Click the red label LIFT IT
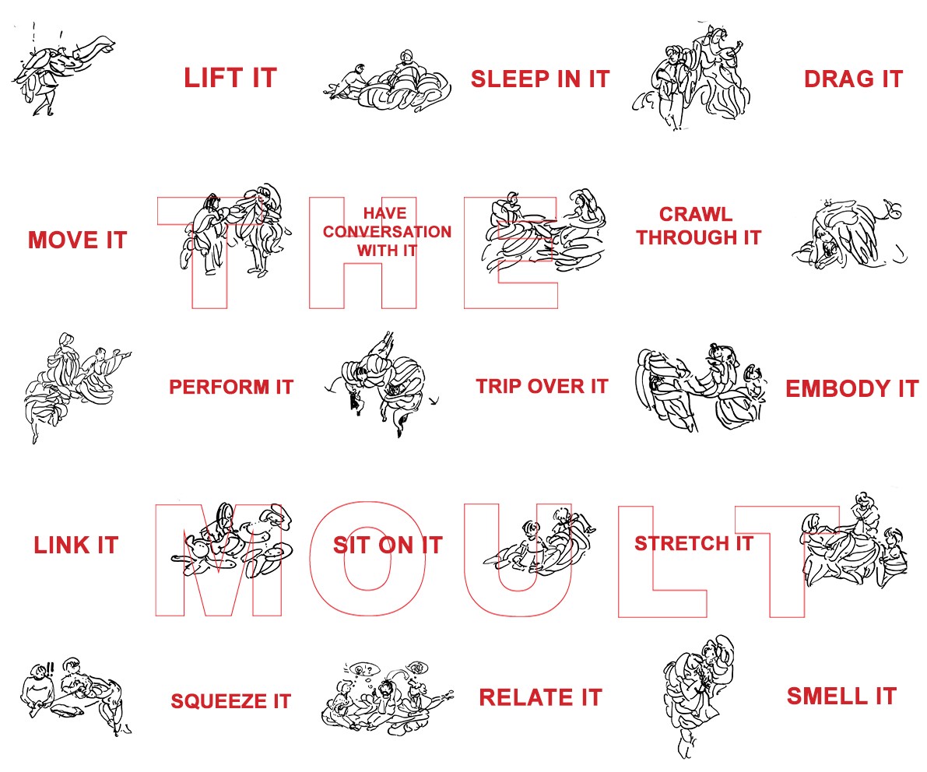pyautogui.click(x=230, y=78)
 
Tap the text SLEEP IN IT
pyautogui.click(x=539, y=79)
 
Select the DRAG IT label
pyautogui.click(x=853, y=79)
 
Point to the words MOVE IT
pyautogui.click(x=78, y=240)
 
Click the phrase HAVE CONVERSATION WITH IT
pyautogui.click(x=387, y=232)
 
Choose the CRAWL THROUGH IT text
pyautogui.click(x=698, y=226)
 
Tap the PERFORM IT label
pyautogui.click(x=231, y=387)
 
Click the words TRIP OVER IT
pyautogui.click(x=543, y=387)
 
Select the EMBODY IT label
pyautogui.click(x=852, y=389)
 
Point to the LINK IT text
pyautogui.click(x=76, y=545)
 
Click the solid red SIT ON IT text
pyautogui.click(x=388, y=545)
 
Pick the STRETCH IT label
pyautogui.click(x=694, y=543)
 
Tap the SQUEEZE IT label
pyautogui.click(x=230, y=701)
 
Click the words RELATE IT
pyautogui.click(x=540, y=697)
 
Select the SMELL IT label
pyautogui.click(x=841, y=697)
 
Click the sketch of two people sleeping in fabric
pyautogui.click(x=388, y=82)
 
